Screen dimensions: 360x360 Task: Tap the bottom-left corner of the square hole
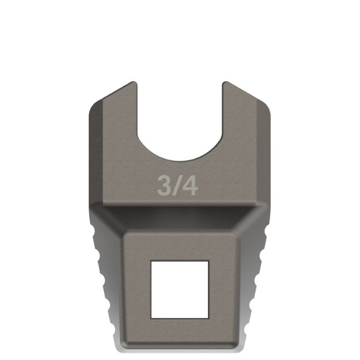pos(151,317)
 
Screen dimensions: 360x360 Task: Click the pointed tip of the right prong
pos(225,82)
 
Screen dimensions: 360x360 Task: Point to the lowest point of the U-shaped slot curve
pos(179,160)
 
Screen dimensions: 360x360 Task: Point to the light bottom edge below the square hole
pos(179,348)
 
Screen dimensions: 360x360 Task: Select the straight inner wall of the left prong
pos(137,115)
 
